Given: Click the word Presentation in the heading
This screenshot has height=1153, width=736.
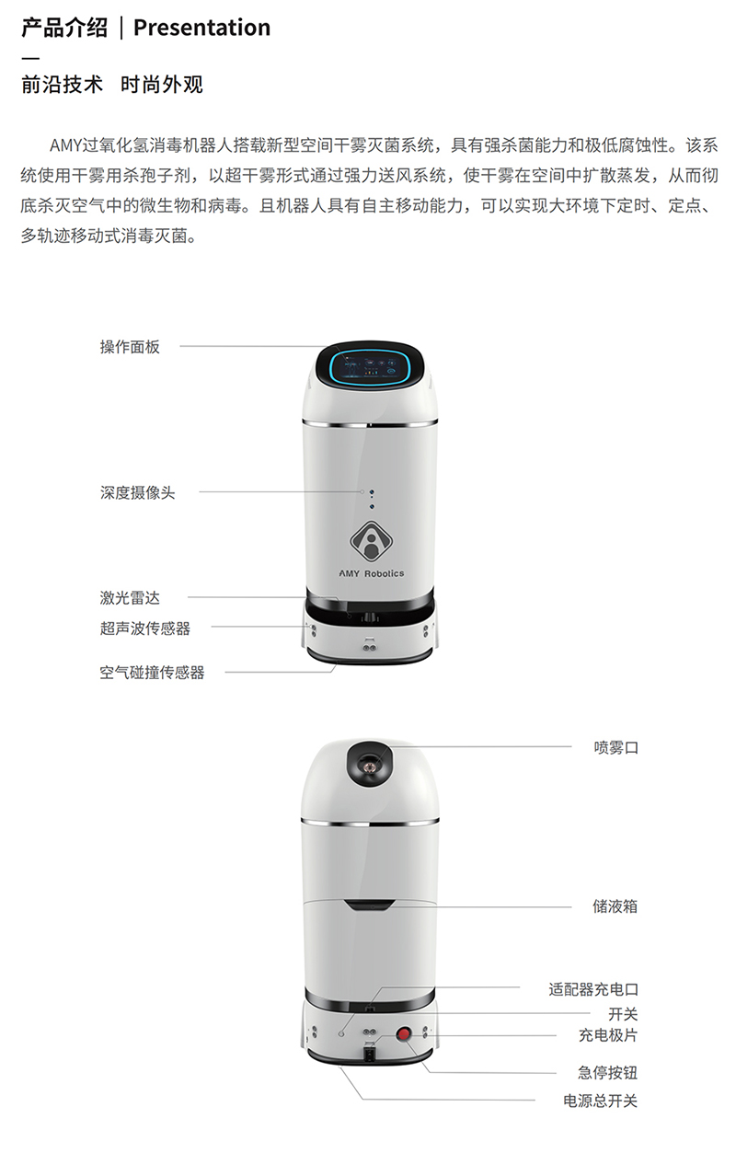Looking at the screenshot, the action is [201, 28].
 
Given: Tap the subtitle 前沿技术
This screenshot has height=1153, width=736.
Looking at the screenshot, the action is [62, 85].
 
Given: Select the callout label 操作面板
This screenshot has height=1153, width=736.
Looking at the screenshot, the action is [130, 347].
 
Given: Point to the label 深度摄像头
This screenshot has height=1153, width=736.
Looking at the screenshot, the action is [137, 492].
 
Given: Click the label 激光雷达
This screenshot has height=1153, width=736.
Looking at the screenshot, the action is [130, 597].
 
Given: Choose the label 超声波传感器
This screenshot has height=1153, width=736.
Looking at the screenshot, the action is [145, 628].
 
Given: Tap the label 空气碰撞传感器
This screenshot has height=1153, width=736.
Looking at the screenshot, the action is [153, 673].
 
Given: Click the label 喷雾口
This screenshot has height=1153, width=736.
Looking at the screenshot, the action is [615, 747].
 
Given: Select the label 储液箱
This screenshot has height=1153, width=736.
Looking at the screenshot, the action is [615, 906].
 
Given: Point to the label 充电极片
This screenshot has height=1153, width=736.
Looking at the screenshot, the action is [608, 1035].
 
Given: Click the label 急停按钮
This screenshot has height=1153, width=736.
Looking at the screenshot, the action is [608, 1073].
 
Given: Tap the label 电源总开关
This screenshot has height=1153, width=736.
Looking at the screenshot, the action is [600, 1101].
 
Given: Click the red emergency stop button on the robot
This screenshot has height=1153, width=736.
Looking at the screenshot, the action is [404, 1033].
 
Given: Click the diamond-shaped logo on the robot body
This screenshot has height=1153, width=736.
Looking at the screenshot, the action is [371, 540].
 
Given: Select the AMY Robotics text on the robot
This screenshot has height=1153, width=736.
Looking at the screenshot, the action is [371, 573].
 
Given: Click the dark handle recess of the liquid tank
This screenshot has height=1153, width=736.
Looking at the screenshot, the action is [370, 905].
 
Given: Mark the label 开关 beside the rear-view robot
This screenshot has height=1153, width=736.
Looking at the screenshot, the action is [623, 1014].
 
